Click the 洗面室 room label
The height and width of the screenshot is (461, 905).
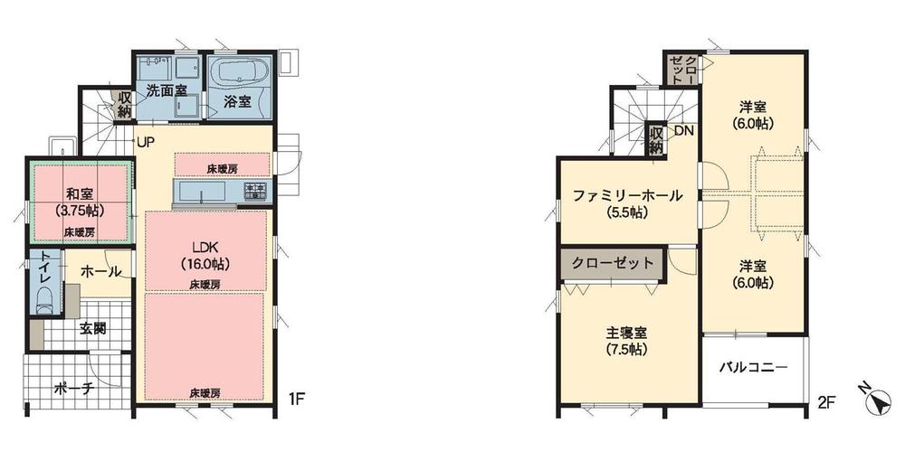(x=167, y=90)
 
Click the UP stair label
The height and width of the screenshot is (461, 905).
(x=145, y=142)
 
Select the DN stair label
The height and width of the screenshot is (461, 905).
(x=683, y=131)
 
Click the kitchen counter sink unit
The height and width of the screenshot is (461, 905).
(x=208, y=193)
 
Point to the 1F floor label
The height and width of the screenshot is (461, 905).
(x=295, y=398)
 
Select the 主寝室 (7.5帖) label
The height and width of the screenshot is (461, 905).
(x=626, y=339)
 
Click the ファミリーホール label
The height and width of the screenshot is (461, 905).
(x=626, y=203)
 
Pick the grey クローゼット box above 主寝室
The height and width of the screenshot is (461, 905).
(x=612, y=264)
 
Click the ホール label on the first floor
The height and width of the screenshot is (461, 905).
(x=100, y=270)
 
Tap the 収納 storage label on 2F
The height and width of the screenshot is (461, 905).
(x=656, y=140)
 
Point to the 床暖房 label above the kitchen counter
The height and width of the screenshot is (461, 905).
(x=221, y=169)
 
